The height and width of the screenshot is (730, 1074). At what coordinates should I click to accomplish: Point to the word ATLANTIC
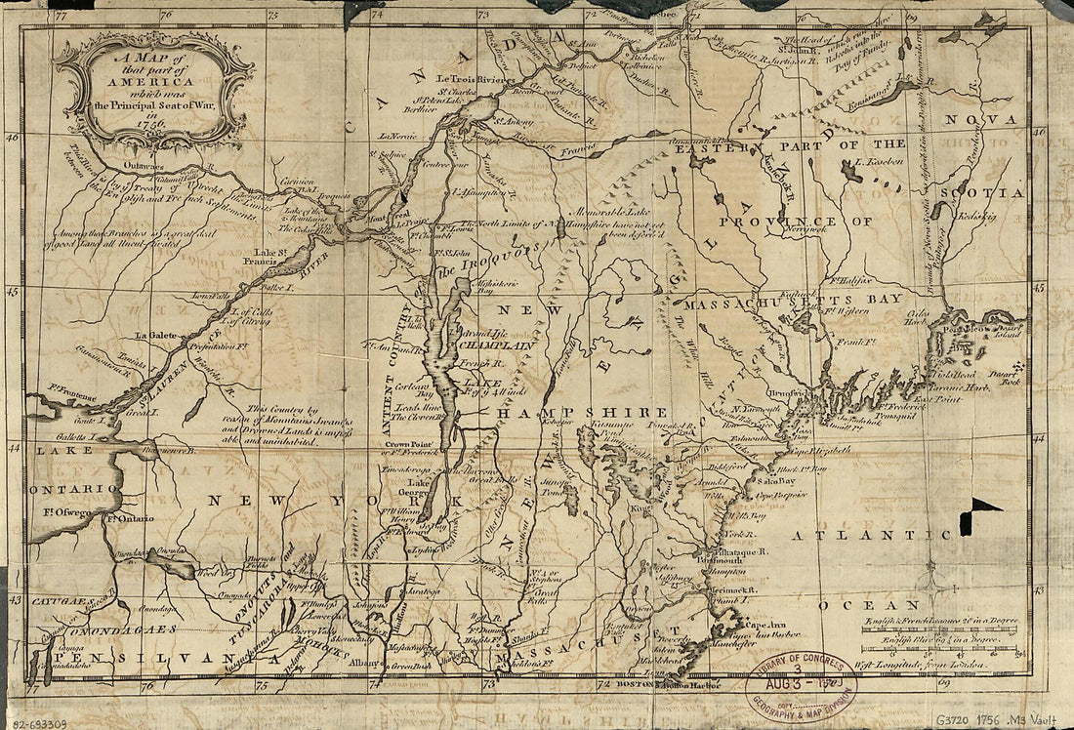click(x=869, y=536)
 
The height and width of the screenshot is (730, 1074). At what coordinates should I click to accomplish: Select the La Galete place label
click(x=156, y=335)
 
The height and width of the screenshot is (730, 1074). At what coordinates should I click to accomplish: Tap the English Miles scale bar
click(x=937, y=643)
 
